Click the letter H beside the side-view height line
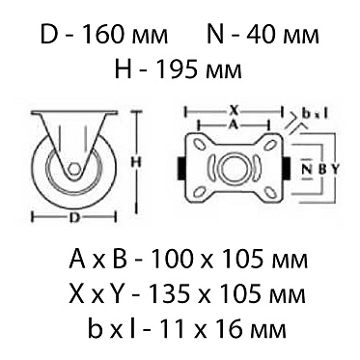[137, 163]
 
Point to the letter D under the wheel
[74, 218]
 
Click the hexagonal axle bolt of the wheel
[74, 169]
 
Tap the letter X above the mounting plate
[235, 111]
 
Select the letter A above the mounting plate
[234, 125]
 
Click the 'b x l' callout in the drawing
[315, 113]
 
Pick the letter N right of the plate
[308, 169]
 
